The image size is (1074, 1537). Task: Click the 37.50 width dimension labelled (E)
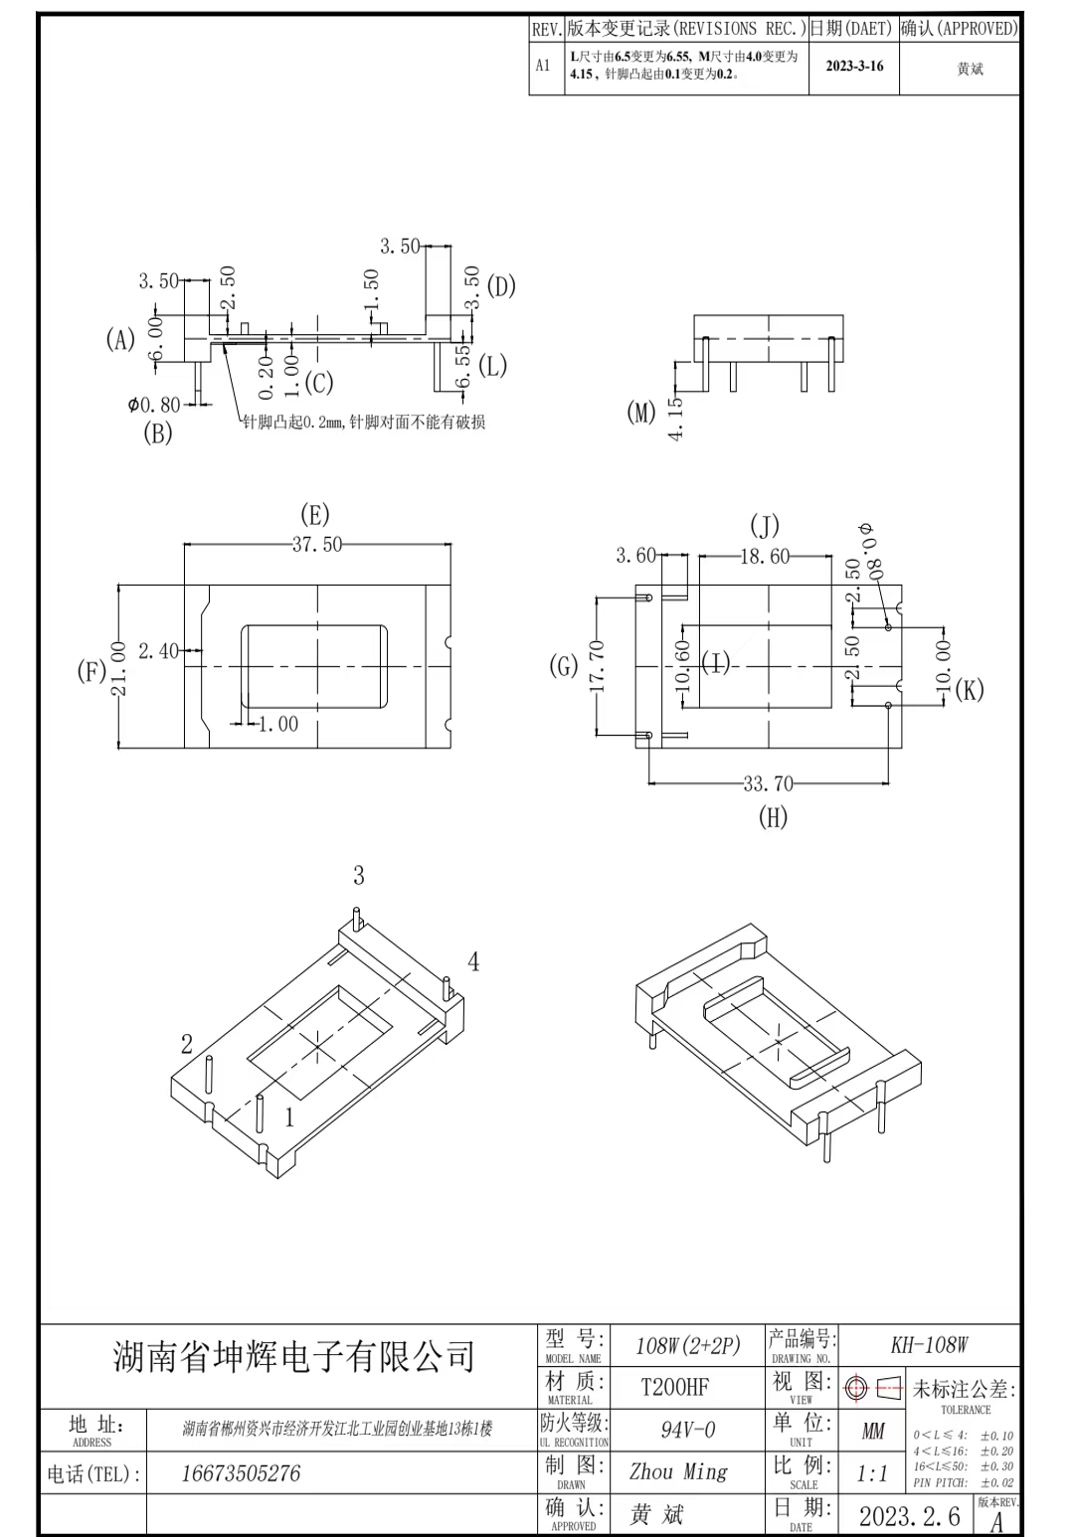[x=317, y=544]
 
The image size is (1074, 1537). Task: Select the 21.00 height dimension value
[x=118, y=668]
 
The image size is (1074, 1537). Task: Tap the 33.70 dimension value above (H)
[x=768, y=782]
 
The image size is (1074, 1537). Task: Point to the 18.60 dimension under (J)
[x=765, y=556]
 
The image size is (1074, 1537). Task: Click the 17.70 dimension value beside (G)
[x=597, y=665]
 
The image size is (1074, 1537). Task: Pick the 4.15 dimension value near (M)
[x=676, y=418]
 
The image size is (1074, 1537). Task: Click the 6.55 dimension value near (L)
[x=464, y=365]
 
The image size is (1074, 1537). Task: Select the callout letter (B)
[x=158, y=433]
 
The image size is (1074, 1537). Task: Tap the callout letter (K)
[x=970, y=690]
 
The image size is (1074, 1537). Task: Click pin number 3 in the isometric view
[x=358, y=875]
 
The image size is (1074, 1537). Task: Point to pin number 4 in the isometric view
[x=473, y=961]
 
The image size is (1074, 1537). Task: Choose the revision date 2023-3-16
[x=854, y=66]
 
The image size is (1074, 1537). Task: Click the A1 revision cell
[x=543, y=66]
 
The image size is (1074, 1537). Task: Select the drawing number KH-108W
[x=929, y=1344]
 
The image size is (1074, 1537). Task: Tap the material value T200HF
[x=674, y=1387]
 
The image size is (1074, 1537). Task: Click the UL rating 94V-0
[x=687, y=1430]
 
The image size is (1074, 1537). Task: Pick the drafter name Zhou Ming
[x=678, y=1471]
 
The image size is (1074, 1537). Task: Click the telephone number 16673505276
[x=241, y=1473]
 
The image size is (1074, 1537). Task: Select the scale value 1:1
[x=872, y=1473]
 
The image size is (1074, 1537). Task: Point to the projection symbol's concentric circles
[x=856, y=1388]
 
